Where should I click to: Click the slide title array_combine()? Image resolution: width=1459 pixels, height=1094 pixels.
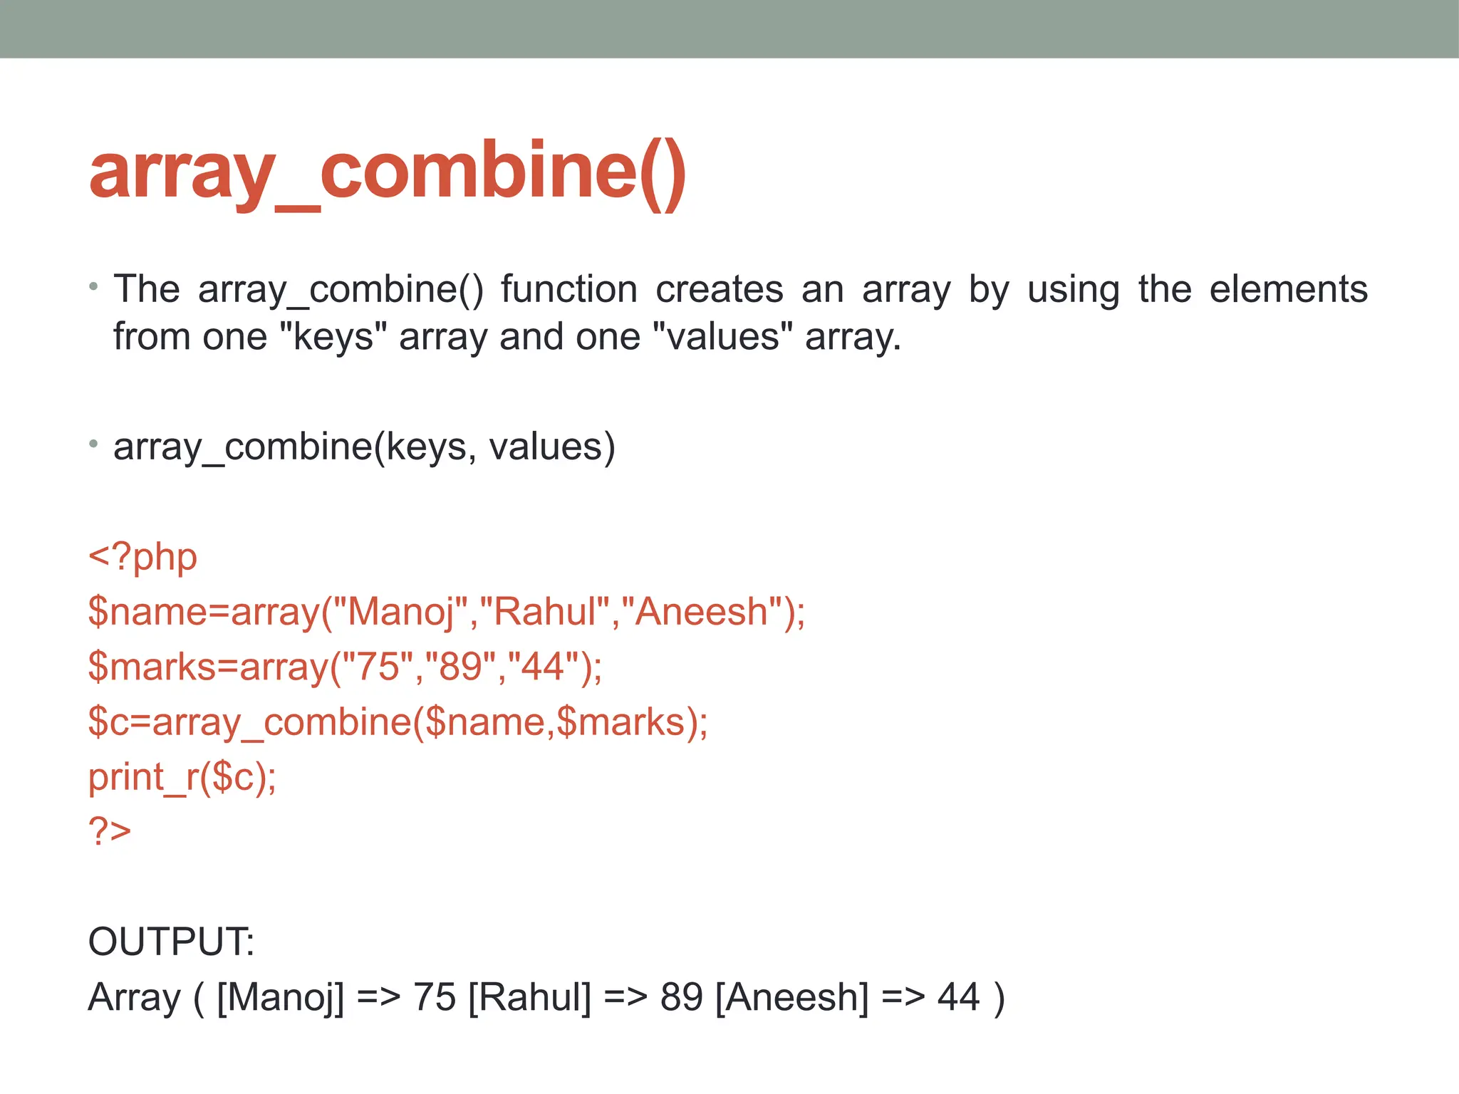388,172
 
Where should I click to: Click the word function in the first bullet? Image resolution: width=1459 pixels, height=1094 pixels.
568,289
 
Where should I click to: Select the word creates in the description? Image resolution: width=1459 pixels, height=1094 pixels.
719,289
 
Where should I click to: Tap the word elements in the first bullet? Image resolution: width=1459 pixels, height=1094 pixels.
1288,289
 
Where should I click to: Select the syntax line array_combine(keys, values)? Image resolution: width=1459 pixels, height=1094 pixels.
363,447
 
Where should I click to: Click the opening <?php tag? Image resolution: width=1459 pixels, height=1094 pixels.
142,557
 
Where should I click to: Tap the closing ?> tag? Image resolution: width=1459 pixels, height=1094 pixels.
110,830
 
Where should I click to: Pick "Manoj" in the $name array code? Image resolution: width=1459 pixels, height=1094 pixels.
400,612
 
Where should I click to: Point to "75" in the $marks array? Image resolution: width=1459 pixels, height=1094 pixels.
378,667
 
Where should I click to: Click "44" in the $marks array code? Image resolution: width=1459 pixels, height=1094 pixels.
543,667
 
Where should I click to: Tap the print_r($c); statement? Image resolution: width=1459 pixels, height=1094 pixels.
182,776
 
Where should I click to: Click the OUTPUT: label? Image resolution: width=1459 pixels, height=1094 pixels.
171,942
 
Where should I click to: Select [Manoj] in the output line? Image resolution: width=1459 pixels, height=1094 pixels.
280,997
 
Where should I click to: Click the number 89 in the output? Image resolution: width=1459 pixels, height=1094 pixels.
681,997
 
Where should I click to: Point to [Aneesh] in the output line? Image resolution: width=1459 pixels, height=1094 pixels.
791,997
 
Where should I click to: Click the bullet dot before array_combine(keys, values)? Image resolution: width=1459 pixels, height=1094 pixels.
93,444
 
